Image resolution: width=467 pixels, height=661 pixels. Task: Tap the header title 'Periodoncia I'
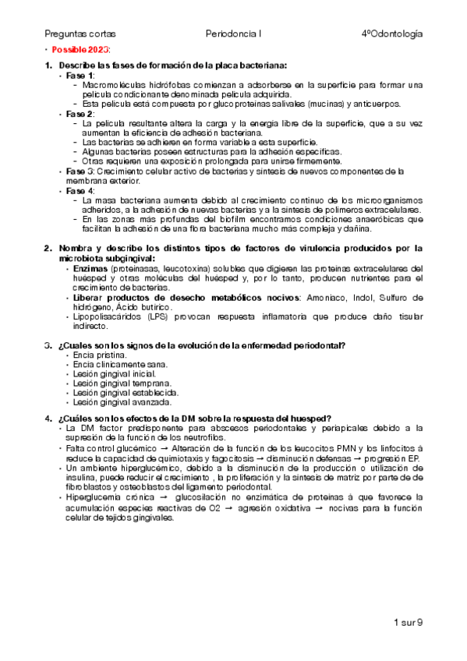234,34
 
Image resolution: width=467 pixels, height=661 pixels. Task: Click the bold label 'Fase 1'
80,75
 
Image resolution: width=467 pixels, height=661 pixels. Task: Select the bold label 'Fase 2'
80,113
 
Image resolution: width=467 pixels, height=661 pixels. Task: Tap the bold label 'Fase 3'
80,171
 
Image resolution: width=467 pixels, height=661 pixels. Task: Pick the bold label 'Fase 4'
80,190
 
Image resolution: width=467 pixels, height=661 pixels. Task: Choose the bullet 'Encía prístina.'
95,355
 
